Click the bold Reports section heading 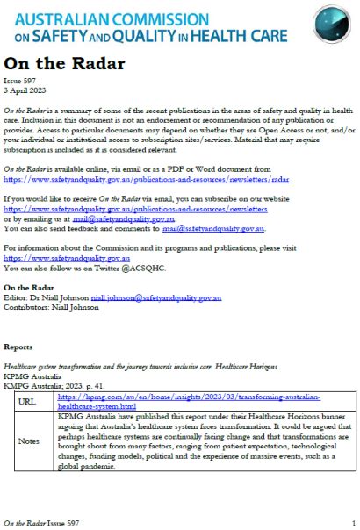pyautogui.click(x=19, y=347)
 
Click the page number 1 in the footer pyautogui.click(x=352, y=522)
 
